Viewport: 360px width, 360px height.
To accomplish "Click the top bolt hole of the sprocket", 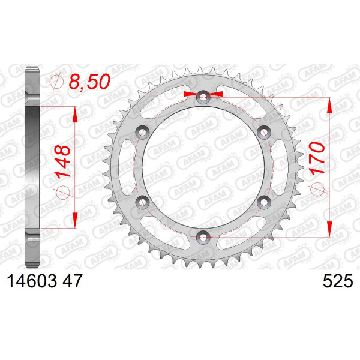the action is [x=203, y=97].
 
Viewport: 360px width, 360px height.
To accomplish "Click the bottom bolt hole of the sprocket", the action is [x=203, y=237].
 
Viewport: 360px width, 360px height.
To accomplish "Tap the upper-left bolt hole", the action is [x=143, y=132].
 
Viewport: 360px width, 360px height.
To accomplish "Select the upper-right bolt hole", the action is [x=264, y=132].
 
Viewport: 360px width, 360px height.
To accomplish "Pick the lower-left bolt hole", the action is [x=143, y=202].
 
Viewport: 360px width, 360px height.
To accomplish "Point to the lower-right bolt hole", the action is [x=264, y=202].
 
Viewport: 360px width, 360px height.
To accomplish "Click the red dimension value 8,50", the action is [x=89, y=82].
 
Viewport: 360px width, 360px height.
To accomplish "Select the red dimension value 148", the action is [x=62, y=162].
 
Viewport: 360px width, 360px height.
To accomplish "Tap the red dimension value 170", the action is [x=317, y=158].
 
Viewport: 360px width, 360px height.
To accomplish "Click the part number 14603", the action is [x=32, y=281].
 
